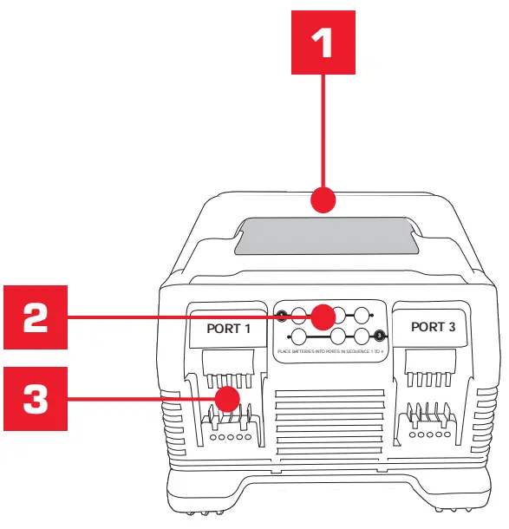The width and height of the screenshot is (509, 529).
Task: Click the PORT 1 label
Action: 227,329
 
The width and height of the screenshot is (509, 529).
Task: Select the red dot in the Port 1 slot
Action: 228,399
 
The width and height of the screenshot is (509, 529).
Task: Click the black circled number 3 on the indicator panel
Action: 379,336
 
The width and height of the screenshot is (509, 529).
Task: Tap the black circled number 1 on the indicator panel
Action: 281,315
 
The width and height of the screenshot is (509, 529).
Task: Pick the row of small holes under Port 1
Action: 228,438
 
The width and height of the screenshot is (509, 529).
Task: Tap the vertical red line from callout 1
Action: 323,130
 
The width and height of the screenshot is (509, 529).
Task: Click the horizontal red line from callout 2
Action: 191,318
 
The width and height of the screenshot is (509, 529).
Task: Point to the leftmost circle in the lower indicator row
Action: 299,336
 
